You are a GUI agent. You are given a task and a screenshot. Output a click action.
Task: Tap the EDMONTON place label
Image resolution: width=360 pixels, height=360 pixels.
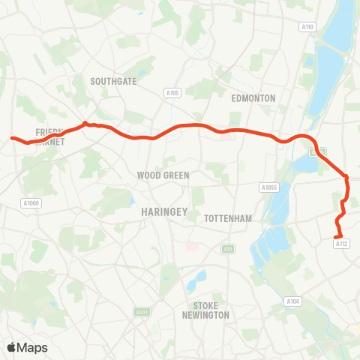click(x=253, y=97)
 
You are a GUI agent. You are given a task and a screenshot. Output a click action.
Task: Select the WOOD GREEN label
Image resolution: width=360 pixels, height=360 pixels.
click(x=163, y=175)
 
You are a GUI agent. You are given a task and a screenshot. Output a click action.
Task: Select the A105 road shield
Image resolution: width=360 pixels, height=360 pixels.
click(x=172, y=93)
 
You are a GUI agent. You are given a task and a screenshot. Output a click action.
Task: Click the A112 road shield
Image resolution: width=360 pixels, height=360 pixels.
click(x=341, y=244)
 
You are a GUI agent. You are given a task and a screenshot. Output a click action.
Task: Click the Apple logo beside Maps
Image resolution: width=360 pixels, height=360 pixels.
click(x=12, y=347)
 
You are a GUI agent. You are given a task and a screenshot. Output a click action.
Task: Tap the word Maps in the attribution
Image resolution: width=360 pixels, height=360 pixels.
click(x=33, y=347)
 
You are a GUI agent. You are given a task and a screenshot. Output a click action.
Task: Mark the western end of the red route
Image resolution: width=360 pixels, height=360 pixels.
click(x=11, y=137)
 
